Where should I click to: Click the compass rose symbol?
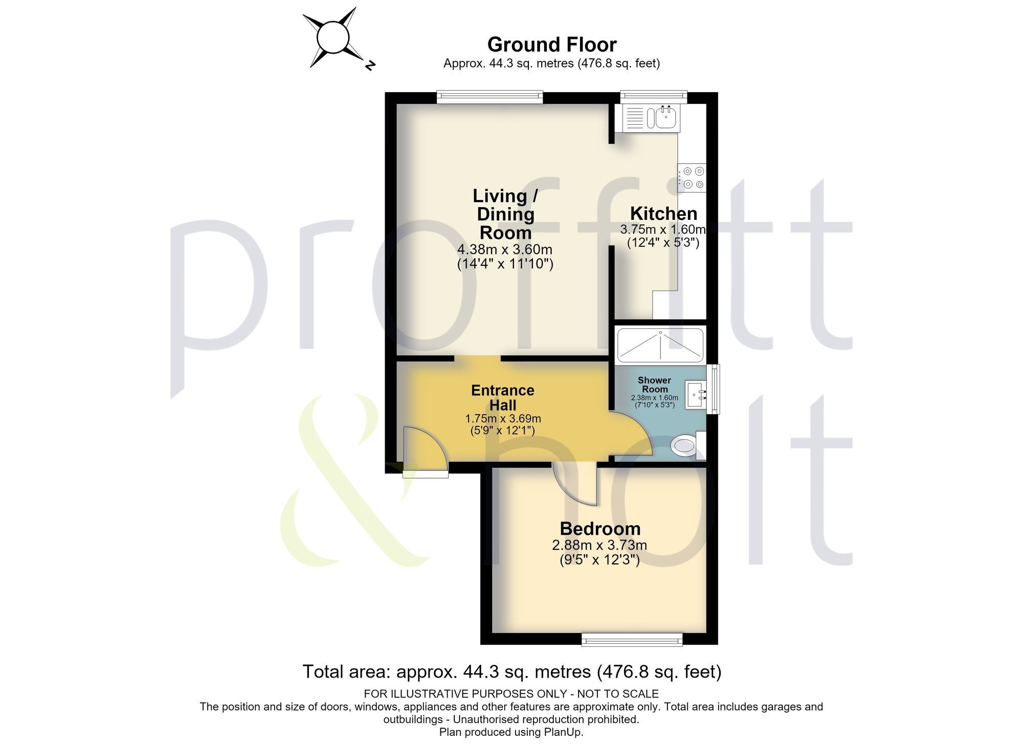(x=333, y=38)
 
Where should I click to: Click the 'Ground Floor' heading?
(x=552, y=44)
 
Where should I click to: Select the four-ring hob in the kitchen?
(x=692, y=177)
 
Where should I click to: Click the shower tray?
(x=660, y=345)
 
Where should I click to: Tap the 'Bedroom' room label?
(x=600, y=529)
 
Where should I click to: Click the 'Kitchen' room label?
(x=663, y=213)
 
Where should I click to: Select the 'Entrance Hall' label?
(x=503, y=397)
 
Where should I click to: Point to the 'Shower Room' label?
(x=654, y=385)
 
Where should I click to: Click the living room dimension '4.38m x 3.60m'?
(x=505, y=250)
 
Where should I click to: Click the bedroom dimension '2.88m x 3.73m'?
(x=599, y=545)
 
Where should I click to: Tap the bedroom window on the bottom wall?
(x=632, y=639)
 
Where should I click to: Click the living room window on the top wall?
(x=490, y=97)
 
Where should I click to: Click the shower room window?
(x=713, y=389)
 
